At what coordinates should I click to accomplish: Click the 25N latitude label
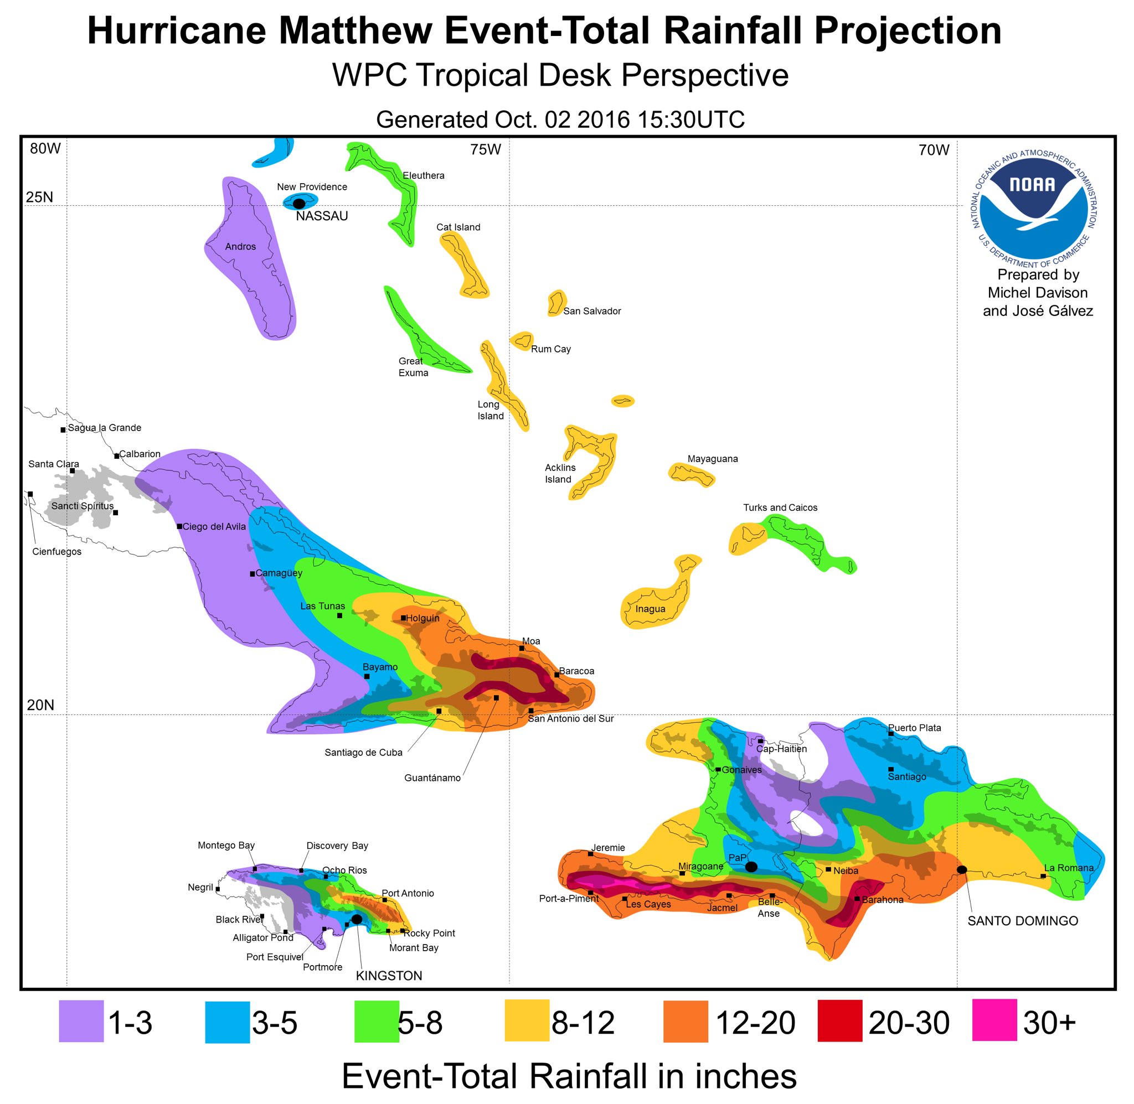coord(39,198)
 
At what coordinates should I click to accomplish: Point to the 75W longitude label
coord(486,149)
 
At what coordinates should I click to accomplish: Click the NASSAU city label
coord(322,216)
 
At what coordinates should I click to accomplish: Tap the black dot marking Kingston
coord(357,919)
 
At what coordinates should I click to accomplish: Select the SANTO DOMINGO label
coord(1023,921)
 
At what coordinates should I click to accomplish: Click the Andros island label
coord(240,246)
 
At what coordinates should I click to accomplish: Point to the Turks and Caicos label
coord(780,507)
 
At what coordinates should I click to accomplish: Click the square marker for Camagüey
coord(252,574)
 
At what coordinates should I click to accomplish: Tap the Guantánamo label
coord(432,778)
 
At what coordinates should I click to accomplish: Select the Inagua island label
coord(650,609)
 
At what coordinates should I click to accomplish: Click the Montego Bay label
coord(226,846)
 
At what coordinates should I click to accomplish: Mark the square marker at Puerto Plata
coord(891,733)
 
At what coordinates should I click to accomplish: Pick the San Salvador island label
coord(592,311)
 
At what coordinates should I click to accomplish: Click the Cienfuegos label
coord(57,551)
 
